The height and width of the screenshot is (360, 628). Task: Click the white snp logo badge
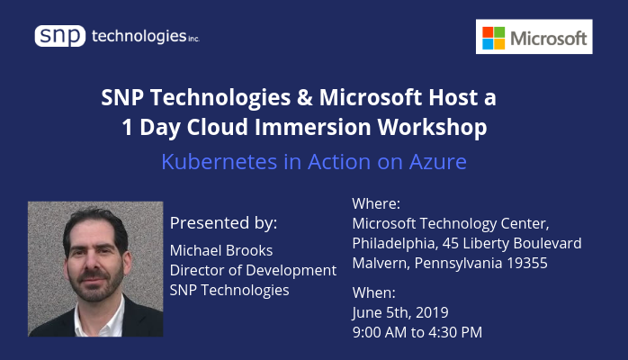click(60, 36)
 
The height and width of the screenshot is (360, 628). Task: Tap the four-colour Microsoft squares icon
click(493, 38)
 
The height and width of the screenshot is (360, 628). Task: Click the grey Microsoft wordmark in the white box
click(548, 39)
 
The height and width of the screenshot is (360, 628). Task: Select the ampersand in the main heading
click(305, 97)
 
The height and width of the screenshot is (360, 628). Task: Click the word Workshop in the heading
click(432, 127)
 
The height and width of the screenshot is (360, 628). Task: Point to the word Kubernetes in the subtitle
click(220, 162)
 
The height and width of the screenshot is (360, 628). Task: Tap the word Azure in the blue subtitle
click(438, 162)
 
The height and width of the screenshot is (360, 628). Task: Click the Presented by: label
click(223, 222)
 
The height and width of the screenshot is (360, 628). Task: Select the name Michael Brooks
click(221, 251)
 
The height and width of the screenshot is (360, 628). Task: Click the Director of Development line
click(253, 271)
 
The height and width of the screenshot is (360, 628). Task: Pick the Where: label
click(376, 203)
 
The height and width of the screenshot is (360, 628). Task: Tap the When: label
click(373, 292)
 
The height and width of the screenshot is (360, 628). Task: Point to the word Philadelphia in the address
click(395, 244)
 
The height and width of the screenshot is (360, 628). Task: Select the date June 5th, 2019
click(400, 312)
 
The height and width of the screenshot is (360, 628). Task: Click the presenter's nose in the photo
click(92, 264)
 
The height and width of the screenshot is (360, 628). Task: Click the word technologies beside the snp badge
click(139, 36)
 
